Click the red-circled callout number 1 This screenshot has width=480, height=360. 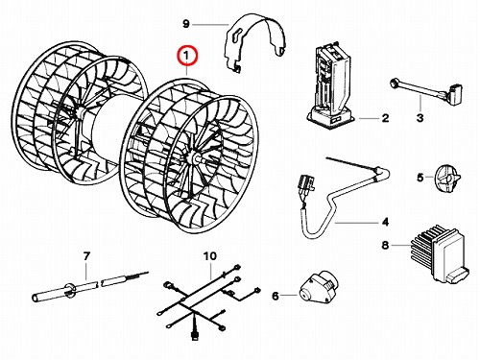tap(188, 57)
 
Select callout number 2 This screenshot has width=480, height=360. tap(385, 118)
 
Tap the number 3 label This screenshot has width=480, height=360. tap(420, 118)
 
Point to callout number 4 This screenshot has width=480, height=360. tap(385, 222)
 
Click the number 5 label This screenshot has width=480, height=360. tap(420, 178)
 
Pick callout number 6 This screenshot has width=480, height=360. tap(276, 296)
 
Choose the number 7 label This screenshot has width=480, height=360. tap(86, 256)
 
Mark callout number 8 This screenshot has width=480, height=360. tap(385, 245)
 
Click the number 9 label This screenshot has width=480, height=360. tap(186, 24)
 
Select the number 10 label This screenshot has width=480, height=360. tap(210, 256)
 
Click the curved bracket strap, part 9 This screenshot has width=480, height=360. tap(256, 41)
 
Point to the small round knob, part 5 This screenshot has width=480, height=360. tap(447, 179)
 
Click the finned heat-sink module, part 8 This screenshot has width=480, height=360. tap(440, 254)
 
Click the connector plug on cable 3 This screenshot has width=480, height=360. tap(456, 93)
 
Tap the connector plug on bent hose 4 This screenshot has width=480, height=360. tap(305, 185)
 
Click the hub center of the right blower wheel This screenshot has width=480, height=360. tap(193, 157)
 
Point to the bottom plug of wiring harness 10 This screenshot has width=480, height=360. tap(194, 335)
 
